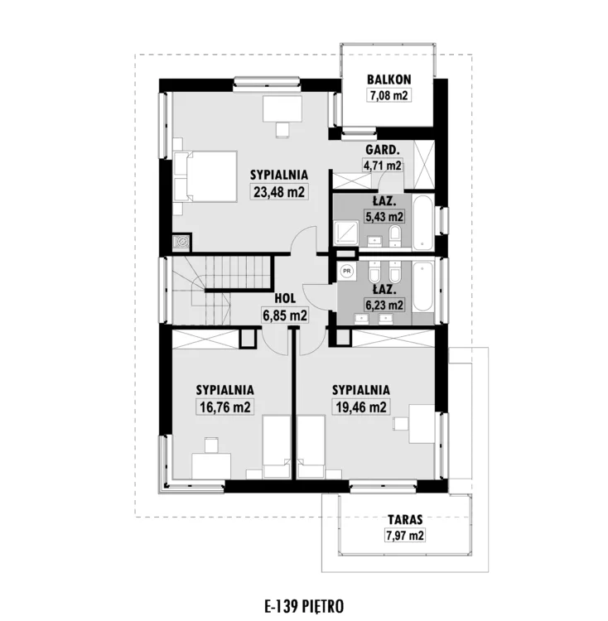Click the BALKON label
[389, 79]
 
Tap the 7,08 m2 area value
[389, 95]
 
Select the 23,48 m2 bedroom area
[279, 192]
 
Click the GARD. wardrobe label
[382, 150]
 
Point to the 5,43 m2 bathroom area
[384, 217]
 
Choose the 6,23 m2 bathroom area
[384, 305]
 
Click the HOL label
[285, 298]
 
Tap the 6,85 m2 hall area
[285, 315]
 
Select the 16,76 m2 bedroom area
[225, 407]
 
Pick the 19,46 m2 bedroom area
[361, 407]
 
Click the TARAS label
[405, 519]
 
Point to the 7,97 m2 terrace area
[405, 536]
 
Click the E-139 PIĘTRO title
[304, 606]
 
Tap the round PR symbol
[347, 272]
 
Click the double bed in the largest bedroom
[205, 176]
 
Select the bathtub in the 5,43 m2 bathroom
[423, 222]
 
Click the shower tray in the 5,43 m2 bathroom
[346, 233]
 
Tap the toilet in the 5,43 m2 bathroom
[395, 235]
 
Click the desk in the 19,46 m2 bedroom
[422, 424]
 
